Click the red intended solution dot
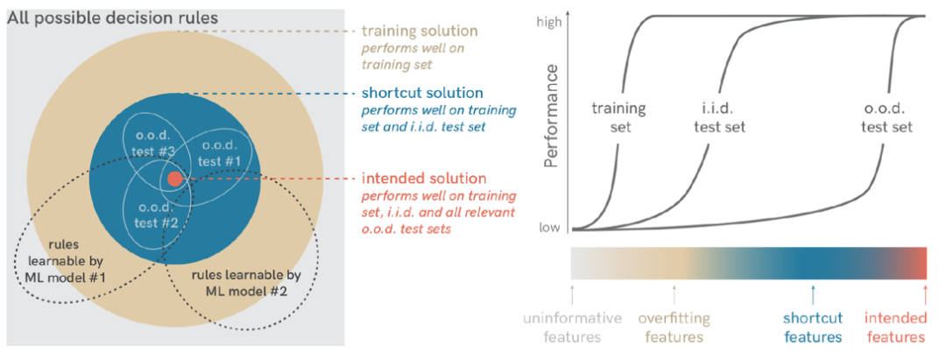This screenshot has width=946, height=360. pyautogui.click(x=174, y=179)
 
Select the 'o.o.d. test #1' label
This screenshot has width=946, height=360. pyautogui.click(x=218, y=154)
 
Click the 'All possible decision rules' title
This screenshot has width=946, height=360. pyautogui.click(x=113, y=18)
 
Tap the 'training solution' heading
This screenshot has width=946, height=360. pyautogui.click(x=420, y=32)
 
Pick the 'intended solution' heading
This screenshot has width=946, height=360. pyautogui.click(x=421, y=178)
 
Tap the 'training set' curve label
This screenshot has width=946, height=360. pyautogui.click(x=619, y=118)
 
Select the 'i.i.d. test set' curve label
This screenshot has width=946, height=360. pyautogui.click(x=719, y=118)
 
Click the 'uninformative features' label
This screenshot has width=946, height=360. pyautogui.click(x=573, y=328)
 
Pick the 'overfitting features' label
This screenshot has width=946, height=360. pyautogui.click(x=674, y=328)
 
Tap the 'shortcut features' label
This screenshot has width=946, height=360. pyautogui.click(x=813, y=328)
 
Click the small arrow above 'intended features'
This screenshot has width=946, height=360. pyautogui.click(x=925, y=292)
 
